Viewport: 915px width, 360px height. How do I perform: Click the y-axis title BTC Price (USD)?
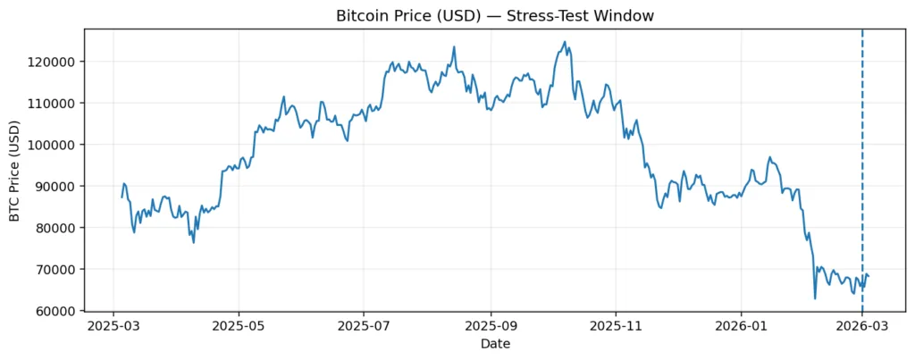pos(15,170)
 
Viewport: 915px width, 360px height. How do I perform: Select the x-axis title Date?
pos(495,344)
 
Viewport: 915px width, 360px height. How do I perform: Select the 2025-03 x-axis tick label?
pos(113,326)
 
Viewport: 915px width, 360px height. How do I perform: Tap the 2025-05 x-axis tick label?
pos(239,326)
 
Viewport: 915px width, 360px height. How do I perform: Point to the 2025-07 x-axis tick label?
pos(364,326)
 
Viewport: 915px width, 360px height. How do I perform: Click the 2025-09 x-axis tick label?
pos(491,326)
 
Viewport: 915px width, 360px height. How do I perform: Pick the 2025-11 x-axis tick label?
pos(616,326)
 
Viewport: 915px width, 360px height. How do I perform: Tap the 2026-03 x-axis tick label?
pos(861,326)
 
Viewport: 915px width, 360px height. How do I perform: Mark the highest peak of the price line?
pos(565,42)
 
